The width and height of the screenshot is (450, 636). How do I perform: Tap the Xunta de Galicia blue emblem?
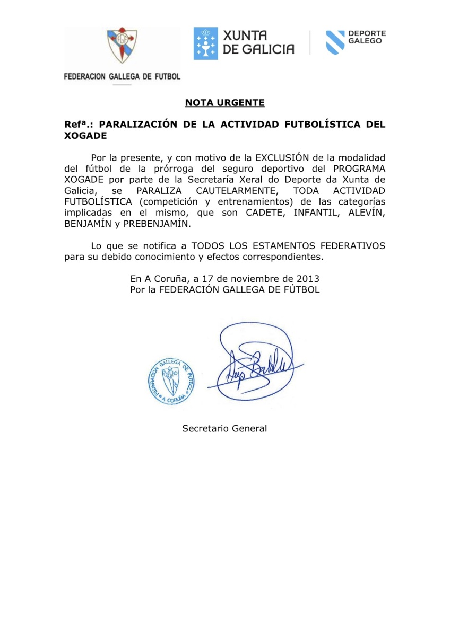pyautogui.click(x=205, y=43)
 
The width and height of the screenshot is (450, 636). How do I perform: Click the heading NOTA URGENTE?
pyautogui.click(x=224, y=103)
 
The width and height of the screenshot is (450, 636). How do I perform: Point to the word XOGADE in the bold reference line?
pyautogui.click(x=85, y=135)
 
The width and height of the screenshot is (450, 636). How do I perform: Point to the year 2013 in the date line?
pyautogui.click(x=308, y=278)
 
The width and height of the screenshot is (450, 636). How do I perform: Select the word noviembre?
pyautogui.click(x=248, y=278)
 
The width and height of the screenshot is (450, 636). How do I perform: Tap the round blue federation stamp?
pyautogui.click(x=170, y=380)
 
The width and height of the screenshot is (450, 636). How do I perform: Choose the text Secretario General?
pyautogui.click(x=224, y=428)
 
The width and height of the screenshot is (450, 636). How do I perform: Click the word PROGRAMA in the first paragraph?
pyautogui.click(x=359, y=169)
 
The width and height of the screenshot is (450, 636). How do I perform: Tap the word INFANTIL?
pyautogui.click(x=317, y=213)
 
